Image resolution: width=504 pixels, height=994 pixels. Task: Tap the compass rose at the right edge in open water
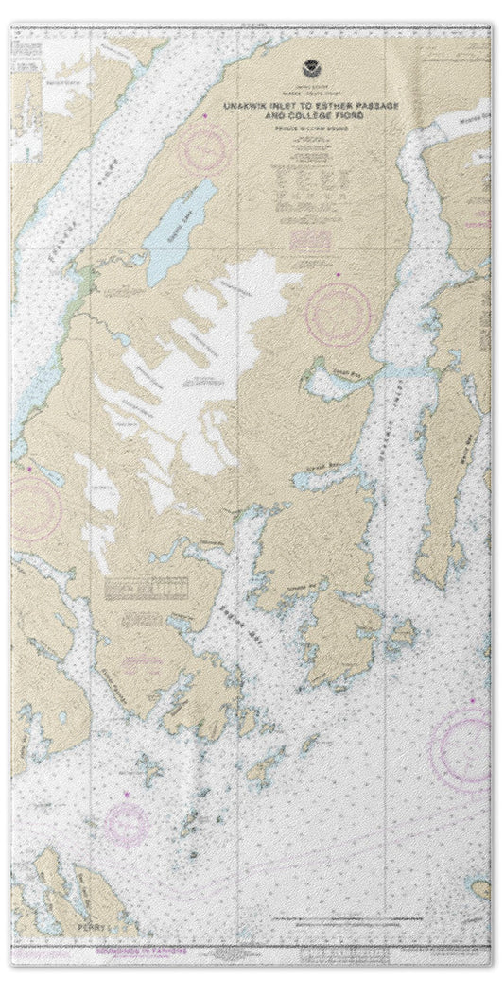pos(463,749)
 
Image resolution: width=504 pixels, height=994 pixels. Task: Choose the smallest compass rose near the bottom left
pos(127,823)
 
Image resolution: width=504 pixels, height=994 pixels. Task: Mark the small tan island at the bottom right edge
pos(481,887)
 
